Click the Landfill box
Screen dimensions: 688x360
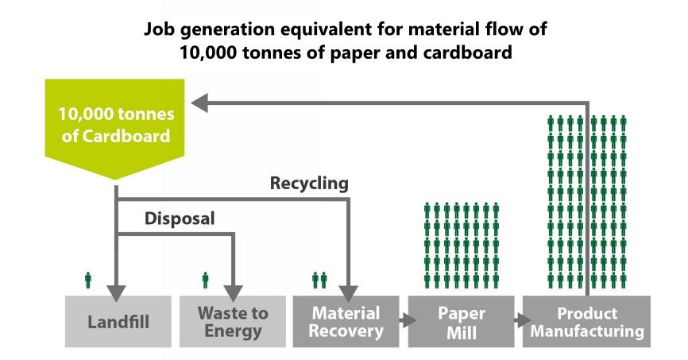[118, 321]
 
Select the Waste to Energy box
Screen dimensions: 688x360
[233, 321]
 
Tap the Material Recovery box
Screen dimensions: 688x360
[346, 321]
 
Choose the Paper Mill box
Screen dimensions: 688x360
[461, 321]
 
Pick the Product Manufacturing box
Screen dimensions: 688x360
[586, 321]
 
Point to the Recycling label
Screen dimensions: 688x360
[309, 183]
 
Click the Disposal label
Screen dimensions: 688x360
[180, 219]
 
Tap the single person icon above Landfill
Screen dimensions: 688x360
[87, 280]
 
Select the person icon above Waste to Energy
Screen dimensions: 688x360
[205, 280]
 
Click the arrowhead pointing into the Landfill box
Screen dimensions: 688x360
[116, 293]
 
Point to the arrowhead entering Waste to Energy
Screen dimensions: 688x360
[233, 293]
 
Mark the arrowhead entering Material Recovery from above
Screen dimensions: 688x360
[349, 293]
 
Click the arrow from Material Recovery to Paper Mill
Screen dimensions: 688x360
[408, 320]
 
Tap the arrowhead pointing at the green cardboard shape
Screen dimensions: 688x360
[199, 103]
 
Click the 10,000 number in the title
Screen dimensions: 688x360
[208, 53]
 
